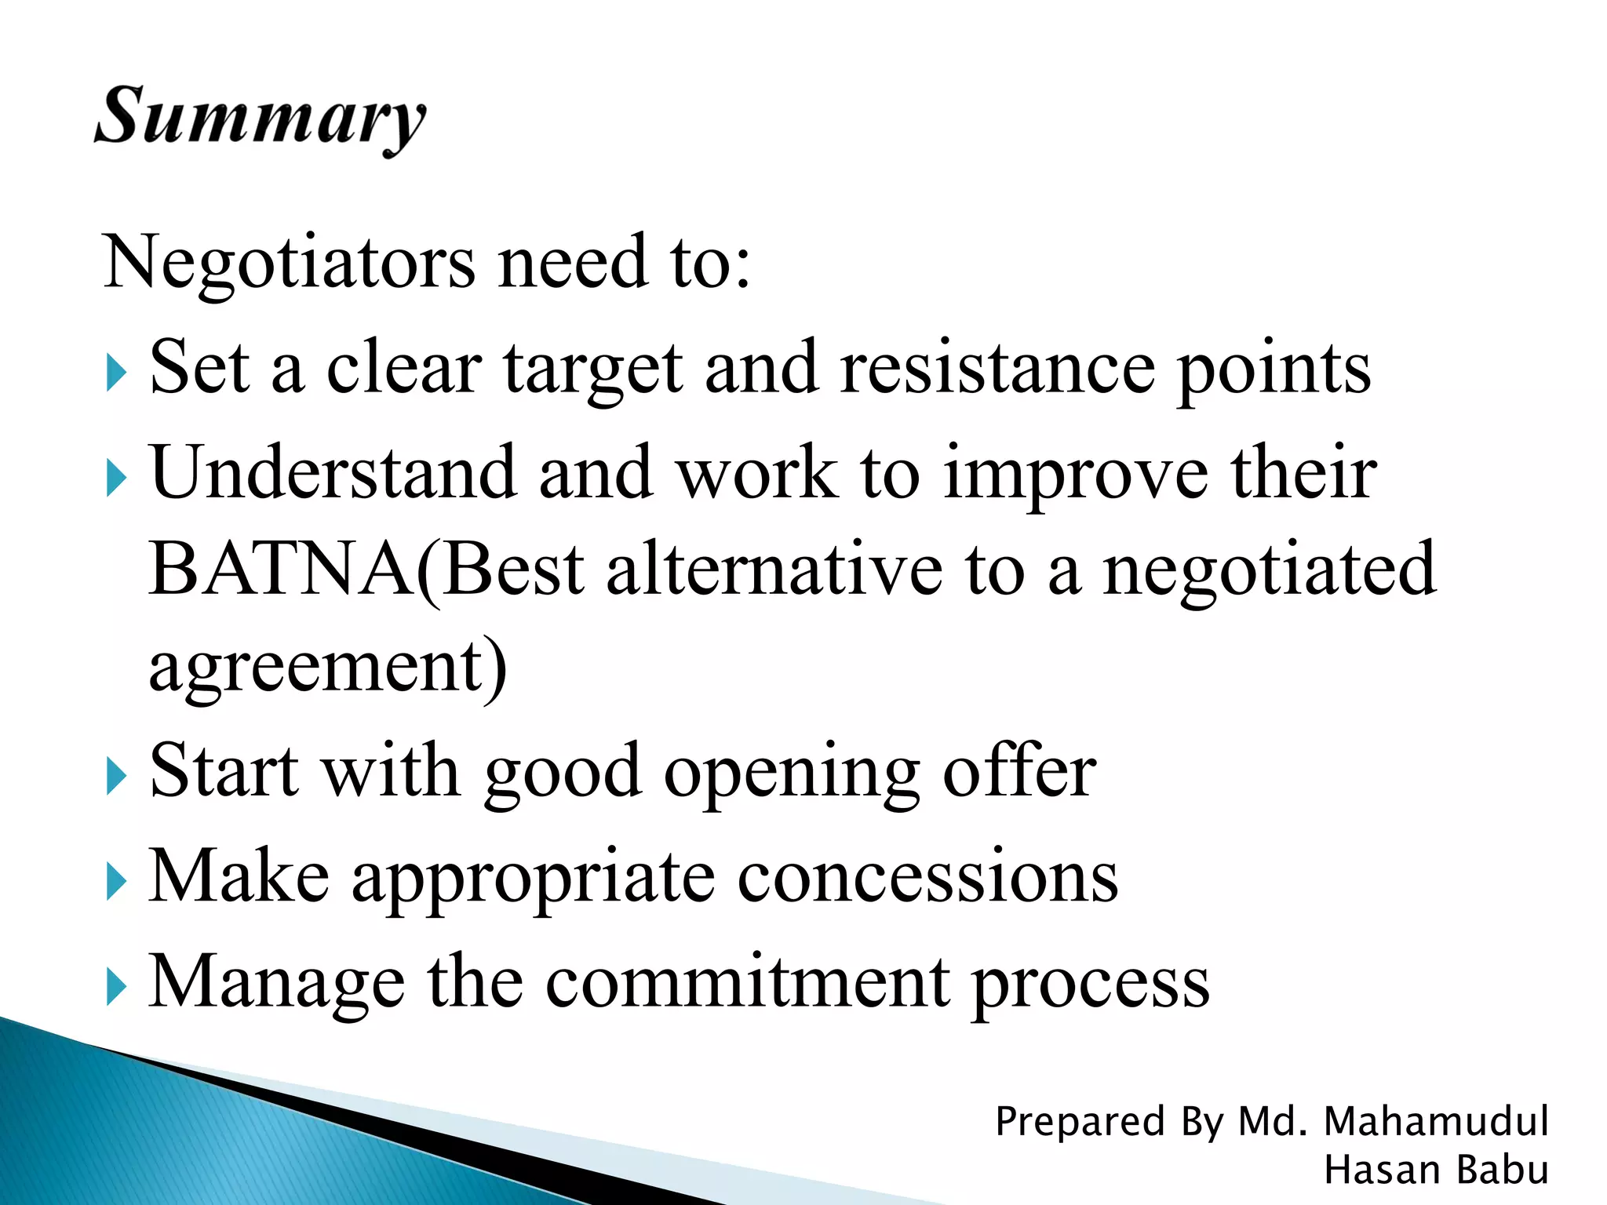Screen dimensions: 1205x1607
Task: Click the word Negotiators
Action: pyautogui.click(x=289, y=263)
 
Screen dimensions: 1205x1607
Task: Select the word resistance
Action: pyautogui.click(x=997, y=368)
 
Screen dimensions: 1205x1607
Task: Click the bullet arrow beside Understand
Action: pyautogui.click(x=115, y=479)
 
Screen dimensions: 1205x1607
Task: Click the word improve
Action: pyautogui.click(x=1076, y=477)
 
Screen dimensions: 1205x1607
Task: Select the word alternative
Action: pyautogui.click(x=774, y=570)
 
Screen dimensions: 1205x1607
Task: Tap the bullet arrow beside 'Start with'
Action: pyautogui.click(x=115, y=777)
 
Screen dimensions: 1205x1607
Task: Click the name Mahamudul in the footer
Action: pyautogui.click(x=1436, y=1121)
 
